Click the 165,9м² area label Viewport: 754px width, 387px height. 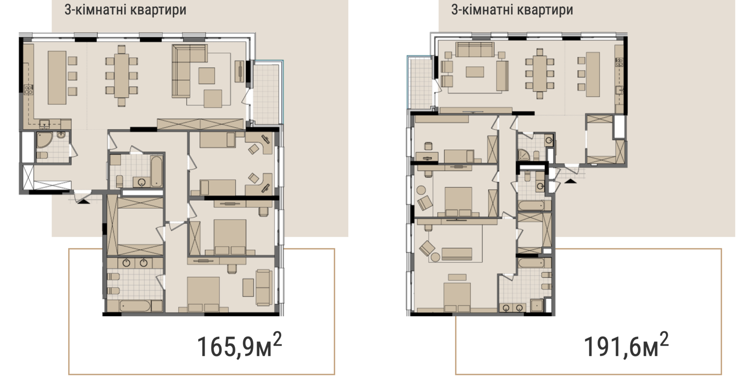pyautogui.click(x=239, y=345)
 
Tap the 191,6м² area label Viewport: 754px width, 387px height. pyautogui.click(x=626, y=345)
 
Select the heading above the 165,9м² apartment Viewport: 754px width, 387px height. pyautogui.click(x=125, y=10)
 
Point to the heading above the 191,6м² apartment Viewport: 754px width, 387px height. pyautogui.click(x=512, y=10)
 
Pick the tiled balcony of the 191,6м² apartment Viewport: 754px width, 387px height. pyautogui.click(x=420, y=83)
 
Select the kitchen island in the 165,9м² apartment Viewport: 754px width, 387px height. pyautogui.click(x=57, y=78)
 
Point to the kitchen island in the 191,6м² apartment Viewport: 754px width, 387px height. pyautogui.click(x=593, y=74)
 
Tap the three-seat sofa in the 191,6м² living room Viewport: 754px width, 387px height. pyautogui.click(x=475, y=49)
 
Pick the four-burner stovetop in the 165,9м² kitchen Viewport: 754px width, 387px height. pyautogui.click(x=28, y=89)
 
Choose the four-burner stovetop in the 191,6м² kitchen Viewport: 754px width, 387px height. pyautogui.click(x=619, y=62)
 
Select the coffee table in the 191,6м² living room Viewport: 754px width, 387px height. pyautogui.click(x=475, y=72)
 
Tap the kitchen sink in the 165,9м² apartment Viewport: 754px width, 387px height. pyautogui.click(x=44, y=124)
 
